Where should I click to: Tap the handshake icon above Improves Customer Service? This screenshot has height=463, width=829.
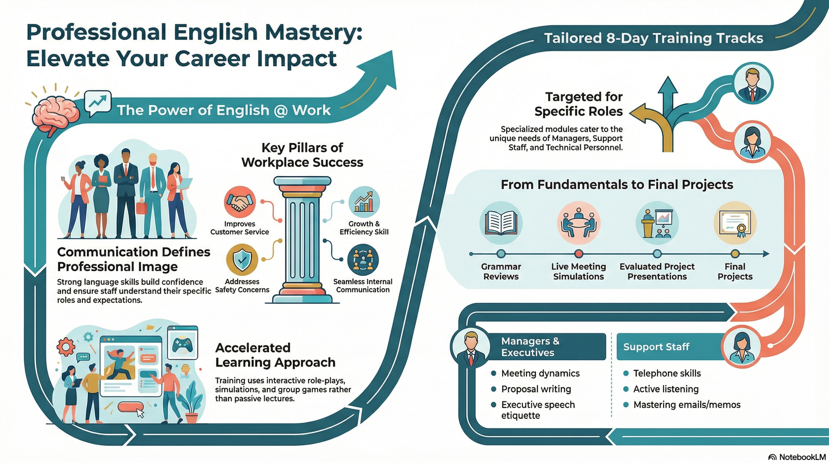click(x=239, y=202)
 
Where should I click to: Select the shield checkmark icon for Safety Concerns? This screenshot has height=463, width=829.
click(x=242, y=260)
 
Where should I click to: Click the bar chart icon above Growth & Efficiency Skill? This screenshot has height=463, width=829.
click(x=364, y=202)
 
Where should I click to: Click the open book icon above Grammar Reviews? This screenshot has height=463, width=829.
click(x=501, y=223)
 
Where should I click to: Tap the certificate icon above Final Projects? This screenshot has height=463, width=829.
click(x=735, y=223)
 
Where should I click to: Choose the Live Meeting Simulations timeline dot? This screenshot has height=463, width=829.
click(x=579, y=254)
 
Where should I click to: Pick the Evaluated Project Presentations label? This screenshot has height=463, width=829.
click(x=657, y=271)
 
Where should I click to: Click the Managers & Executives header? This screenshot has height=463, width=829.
click(x=531, y=347)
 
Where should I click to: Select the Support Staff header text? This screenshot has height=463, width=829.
click(x=656, y=347)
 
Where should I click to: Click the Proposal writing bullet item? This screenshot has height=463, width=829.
click(x=536, y=389)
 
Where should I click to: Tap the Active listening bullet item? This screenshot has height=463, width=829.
click(x=666, y=389)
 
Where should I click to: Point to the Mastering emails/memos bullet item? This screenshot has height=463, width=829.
click(x=687, y=404)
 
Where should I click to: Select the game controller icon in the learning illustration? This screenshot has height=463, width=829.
click(x=182, y=343)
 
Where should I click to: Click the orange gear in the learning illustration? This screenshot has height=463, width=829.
click(x=66, y=346)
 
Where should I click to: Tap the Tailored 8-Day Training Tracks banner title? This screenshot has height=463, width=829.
click(x=653, y=38)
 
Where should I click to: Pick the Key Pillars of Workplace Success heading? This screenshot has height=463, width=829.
click(x=302, y=155)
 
